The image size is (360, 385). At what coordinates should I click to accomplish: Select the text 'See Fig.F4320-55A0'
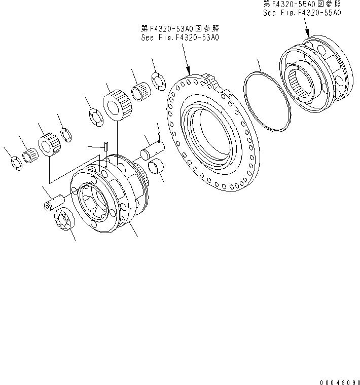pos(302,13)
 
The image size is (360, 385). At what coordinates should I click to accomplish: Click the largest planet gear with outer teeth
pos(119,105)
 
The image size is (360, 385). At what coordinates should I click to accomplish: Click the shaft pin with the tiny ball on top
pos(152,151)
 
